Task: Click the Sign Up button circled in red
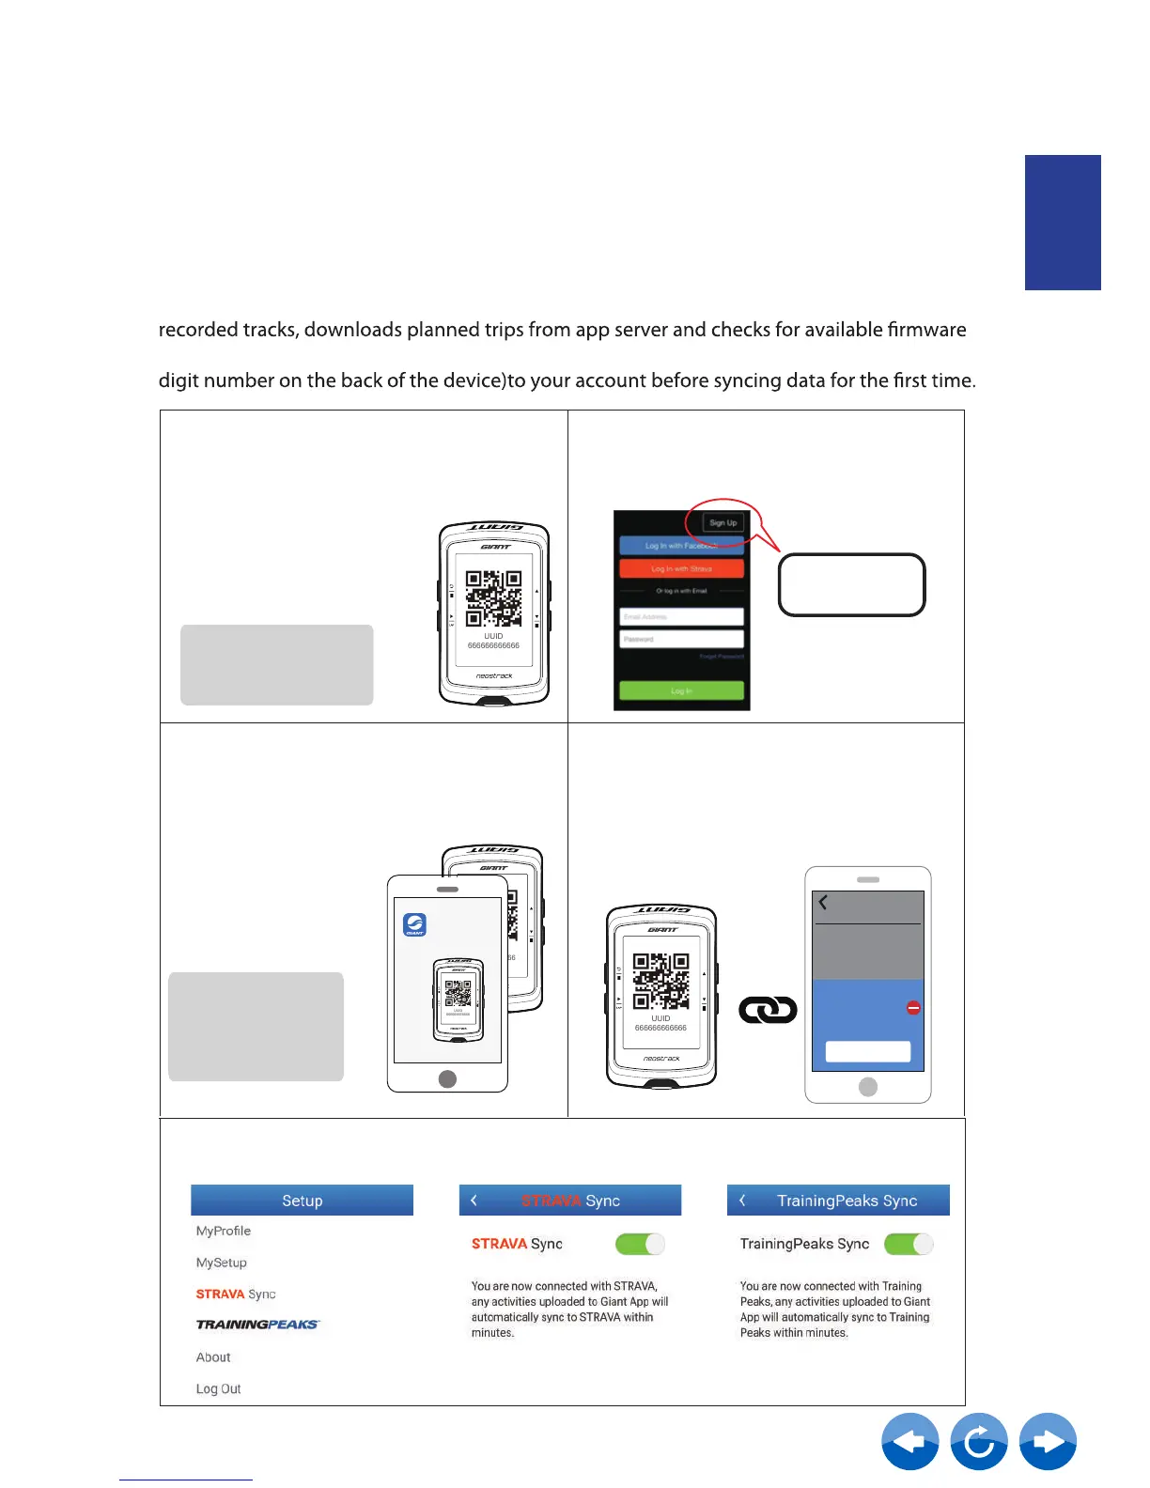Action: pyautogui.click(x=723, y=523)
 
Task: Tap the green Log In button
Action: pyautogui.click(x=681, y=690)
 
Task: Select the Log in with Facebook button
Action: pyautogui.click(x=681, y=546)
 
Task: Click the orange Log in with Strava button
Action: pyautogui.click(x=681, y=568)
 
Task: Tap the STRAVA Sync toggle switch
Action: pyautogui.click(x=640, y=1244)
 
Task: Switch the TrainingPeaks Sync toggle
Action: pyautogui.click(x=909, y=1244)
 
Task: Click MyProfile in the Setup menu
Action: pyautogui.click(x=224, y=1231)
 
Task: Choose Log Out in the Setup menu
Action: pyautogui.click(x=219, y=1388)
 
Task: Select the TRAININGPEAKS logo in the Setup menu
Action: pyautogui.click(x=257, y=1325)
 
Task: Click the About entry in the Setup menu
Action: pyautogui.click(x=213, y=1357)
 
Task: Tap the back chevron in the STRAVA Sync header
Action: pyautogui.click(x=474, y=1201)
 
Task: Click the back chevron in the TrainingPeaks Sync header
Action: pyautogui.click(x=743, y=1201)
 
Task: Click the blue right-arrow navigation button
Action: pyautogui.click(x=1048, y=1441)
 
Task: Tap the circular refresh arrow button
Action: pyautogui.click(x=979, y=1441)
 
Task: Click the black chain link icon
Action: pyautogui.click(x=768, y=1010)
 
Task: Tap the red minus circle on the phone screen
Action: pyautogui.click(x=913, y=1008)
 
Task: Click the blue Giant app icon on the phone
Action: pyautogui.click(x=414, y=924)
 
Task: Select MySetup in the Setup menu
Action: pyautogui.click(x=222, y=1263)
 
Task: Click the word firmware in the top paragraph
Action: pyautogui.click(x=926, y=330)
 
